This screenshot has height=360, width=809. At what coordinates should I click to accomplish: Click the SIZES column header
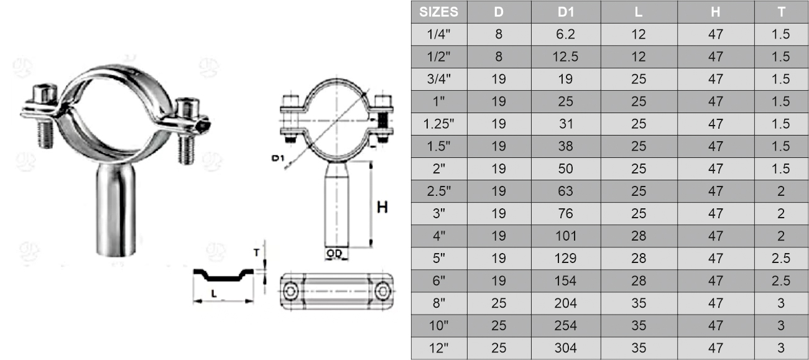(x=439, y=12)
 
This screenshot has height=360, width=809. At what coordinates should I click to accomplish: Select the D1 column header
(x=566, y=12)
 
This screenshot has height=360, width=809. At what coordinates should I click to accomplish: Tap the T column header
(x=780, y=12)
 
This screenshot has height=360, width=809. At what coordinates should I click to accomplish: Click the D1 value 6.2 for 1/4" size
(x=566, y=34)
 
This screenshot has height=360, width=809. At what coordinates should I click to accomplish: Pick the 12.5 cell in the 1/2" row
(x=566, y=57)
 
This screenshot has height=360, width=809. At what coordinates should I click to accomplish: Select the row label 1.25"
(x=439, y=124)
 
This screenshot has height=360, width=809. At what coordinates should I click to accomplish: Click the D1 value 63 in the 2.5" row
(x=566, y=191)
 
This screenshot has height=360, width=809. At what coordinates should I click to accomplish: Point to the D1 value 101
(x=566, y=236)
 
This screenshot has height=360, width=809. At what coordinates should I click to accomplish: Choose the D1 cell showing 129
(x=566, y=258)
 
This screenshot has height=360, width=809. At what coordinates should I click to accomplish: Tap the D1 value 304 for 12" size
(x=566, y=348)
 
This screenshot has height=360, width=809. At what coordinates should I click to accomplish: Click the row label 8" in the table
(x=439, y=303)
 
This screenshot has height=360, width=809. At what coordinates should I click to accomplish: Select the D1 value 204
(x=566, y=303)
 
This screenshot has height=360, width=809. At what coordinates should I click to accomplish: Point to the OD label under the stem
(x=335, y=254)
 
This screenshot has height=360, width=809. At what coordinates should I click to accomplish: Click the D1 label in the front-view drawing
(x=277, y=159)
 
